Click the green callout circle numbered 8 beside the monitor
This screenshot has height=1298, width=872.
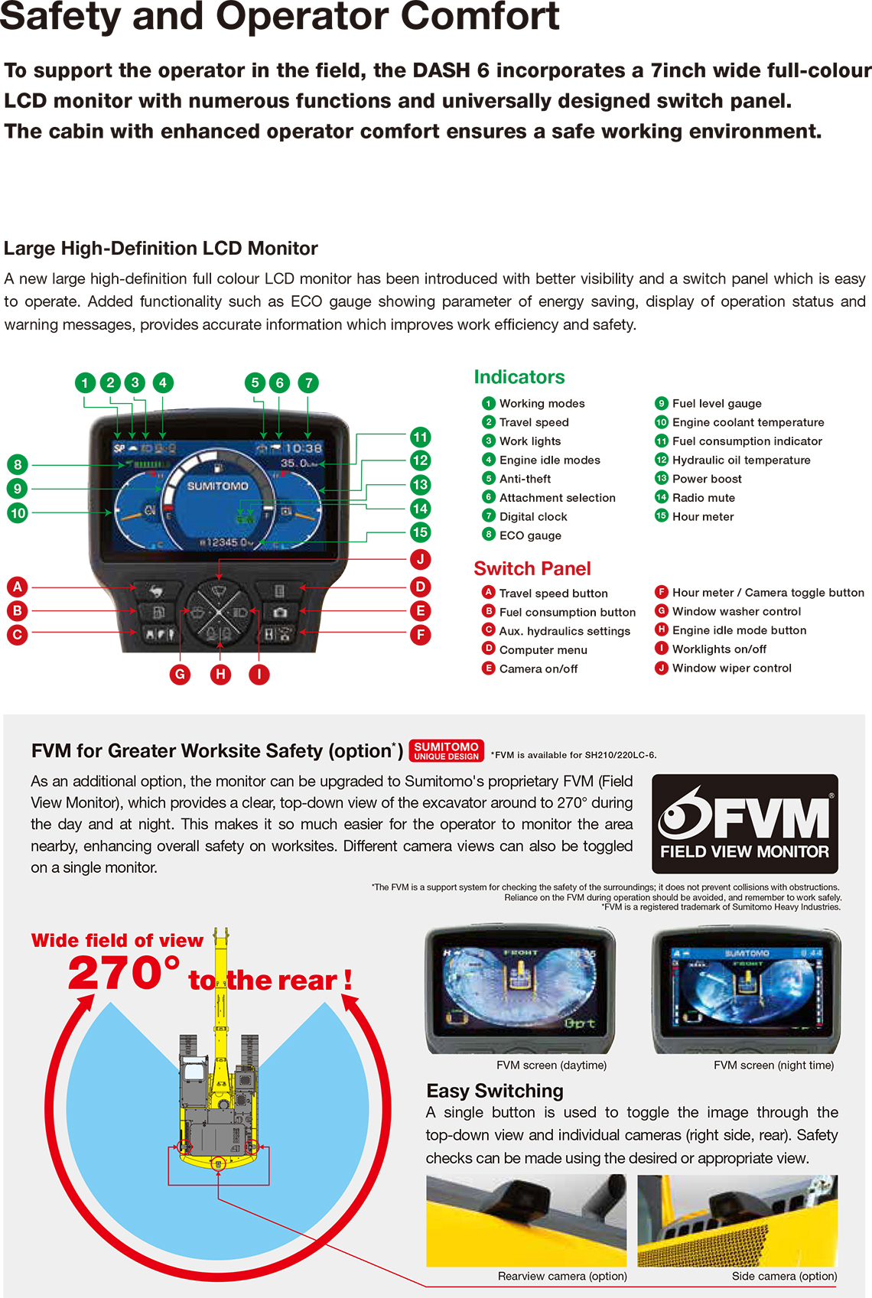click(x=18, y=464)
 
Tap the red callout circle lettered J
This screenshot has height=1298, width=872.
click(x=420, y=559)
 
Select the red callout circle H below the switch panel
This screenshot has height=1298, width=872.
click(x=220, y=675)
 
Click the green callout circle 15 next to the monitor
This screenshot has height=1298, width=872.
click(x=420, y=532)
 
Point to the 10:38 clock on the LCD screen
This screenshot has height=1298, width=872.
click(x=303, y=448)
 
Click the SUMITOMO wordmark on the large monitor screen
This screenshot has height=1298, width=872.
click(x=218, y=486)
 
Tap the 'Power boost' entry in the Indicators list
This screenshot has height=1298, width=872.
click(x=706, y=479)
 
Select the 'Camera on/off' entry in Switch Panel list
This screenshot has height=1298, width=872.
click(x=538, y=669)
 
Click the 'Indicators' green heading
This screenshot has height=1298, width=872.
click(x=519, y=377)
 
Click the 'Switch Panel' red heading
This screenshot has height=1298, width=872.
click(x=532, y=568)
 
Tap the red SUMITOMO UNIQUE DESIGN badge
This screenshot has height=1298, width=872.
click(x=446, y=751)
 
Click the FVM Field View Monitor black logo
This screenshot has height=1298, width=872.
click(x=744, y=824)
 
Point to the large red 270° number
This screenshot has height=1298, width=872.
click(x=124, y=974)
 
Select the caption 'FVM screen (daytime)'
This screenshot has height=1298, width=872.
click(x=551, y=1065)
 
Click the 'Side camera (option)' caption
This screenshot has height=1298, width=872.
click(x=783, y=1276)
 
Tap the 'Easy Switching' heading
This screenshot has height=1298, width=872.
click(x=494, y=1090)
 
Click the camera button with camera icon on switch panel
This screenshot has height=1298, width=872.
click(x=280, y=612)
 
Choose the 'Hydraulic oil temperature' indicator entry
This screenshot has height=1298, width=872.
click(x=740, y=460)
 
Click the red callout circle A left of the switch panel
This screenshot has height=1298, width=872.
click(x=18, y=587)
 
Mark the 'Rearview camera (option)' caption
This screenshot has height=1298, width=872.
click(x=561, y=1276)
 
